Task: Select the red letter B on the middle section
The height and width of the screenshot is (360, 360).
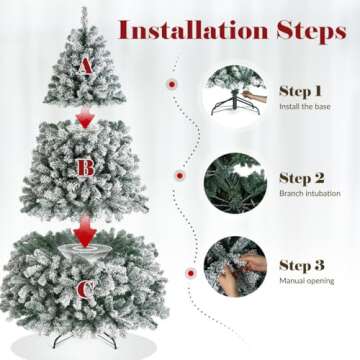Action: click(87, 167)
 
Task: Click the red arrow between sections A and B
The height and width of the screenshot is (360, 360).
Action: click(86, 118)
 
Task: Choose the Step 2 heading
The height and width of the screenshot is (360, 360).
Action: click(301, 177)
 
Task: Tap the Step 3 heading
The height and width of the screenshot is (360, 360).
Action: click(301, 266)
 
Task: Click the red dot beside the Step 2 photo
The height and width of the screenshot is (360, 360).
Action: click(179, 175)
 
